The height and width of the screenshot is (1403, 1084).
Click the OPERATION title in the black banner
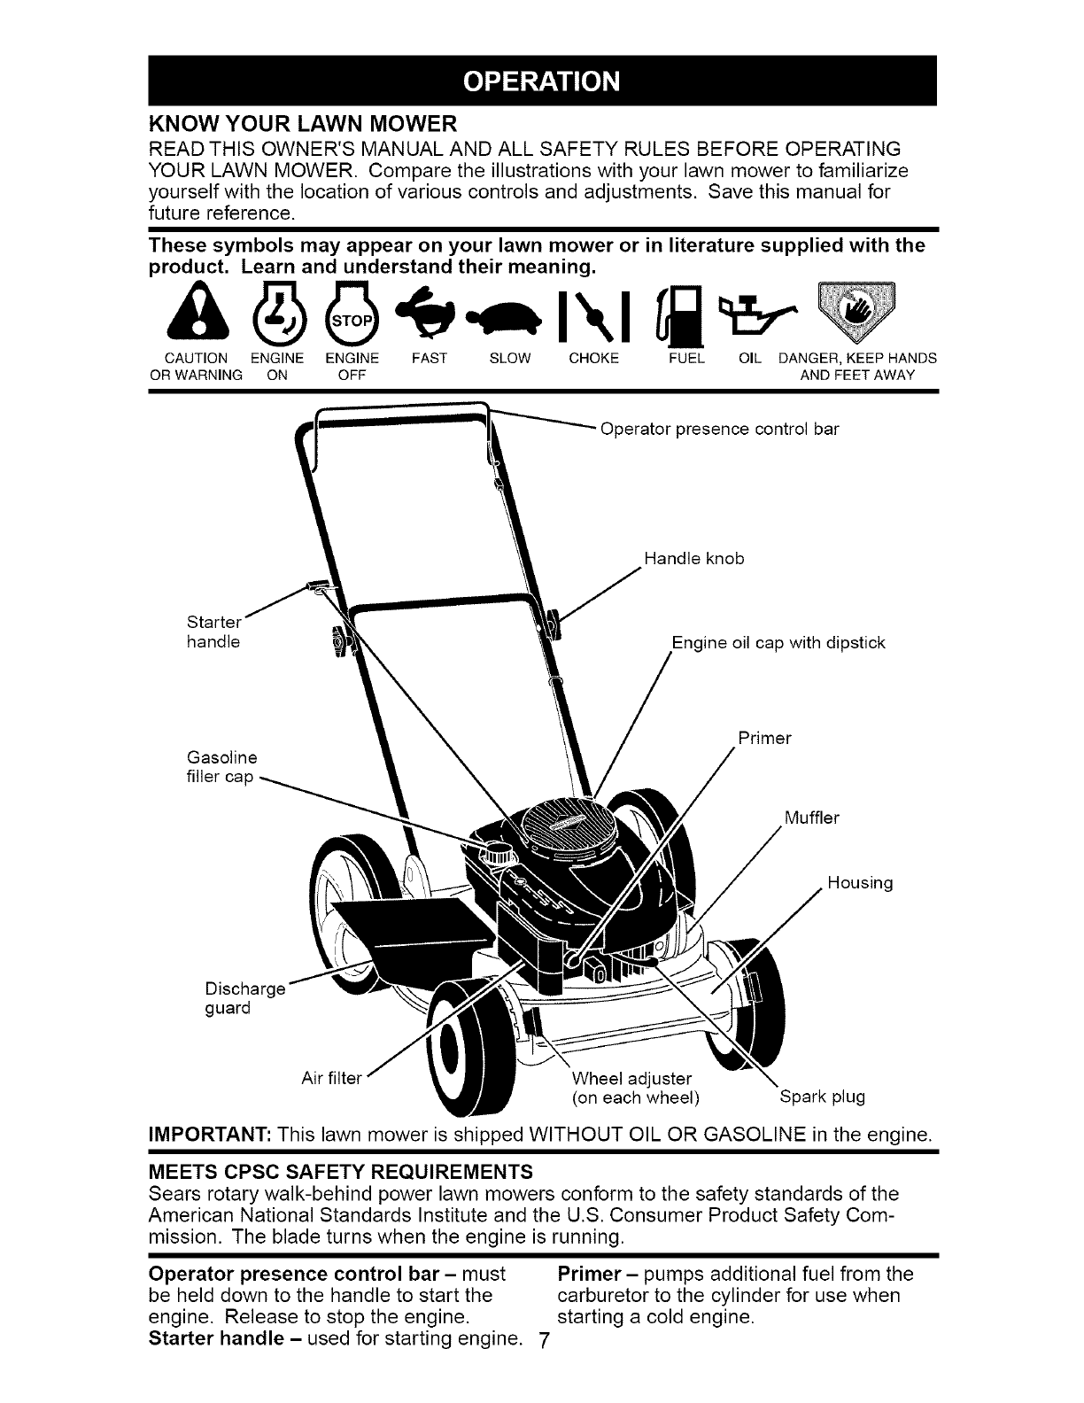542,81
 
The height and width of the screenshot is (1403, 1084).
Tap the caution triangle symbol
197,313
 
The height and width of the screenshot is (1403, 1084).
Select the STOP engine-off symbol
351,314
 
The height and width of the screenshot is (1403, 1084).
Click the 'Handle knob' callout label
694,559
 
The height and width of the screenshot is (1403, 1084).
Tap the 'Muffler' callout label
811,818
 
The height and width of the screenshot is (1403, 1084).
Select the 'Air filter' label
331,1078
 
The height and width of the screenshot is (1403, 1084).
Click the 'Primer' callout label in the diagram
764,738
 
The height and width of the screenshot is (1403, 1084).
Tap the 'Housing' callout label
860,882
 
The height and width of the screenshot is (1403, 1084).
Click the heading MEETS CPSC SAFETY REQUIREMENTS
341,1171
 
